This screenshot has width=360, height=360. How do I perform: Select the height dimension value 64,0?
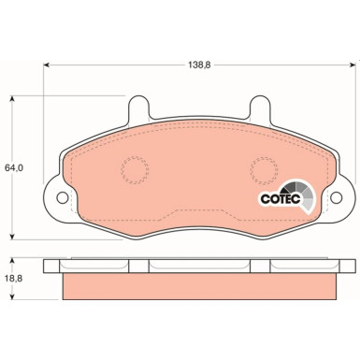click(12, 167)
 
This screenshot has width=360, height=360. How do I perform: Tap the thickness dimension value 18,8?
click(12, 278)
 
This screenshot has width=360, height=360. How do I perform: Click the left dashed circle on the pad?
click(135, 170)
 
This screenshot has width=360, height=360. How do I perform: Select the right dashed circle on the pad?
click(263, 170)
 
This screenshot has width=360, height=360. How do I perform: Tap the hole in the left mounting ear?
click(63, 198)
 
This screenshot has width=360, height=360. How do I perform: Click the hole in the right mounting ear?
click(333, 198)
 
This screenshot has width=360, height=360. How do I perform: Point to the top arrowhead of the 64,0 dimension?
click(10, 96)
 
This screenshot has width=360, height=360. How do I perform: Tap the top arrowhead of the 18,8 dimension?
click(10, 259)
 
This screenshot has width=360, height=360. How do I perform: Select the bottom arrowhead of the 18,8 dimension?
click(10, 299)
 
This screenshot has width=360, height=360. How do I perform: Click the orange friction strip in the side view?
click(197, 286)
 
